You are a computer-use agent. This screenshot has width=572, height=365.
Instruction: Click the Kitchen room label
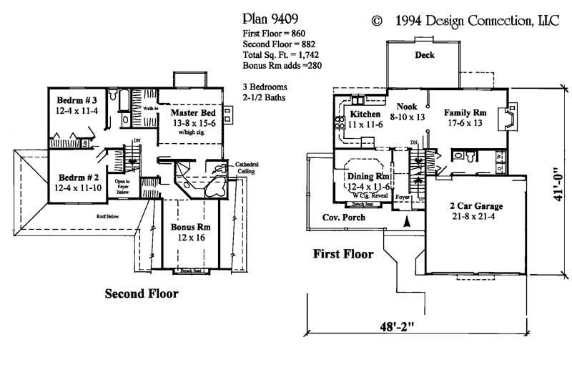point(365,114)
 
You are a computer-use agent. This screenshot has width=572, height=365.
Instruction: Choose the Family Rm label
point(465,113)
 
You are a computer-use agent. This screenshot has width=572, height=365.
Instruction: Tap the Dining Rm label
point(368,175)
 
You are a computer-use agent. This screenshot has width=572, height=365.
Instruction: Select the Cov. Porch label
point(340,217)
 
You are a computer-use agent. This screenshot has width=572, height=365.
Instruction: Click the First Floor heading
point(343,253)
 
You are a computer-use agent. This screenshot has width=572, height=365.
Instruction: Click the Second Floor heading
point(142,293)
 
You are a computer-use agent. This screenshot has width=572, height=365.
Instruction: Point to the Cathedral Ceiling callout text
point(249,168)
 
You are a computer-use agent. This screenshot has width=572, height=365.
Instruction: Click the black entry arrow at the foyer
point(407,223)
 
